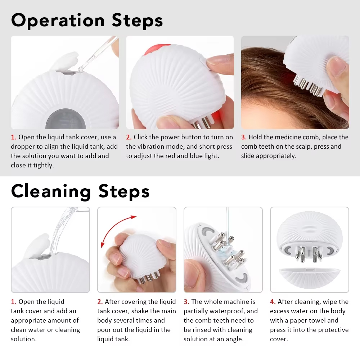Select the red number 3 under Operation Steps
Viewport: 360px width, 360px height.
[x=244, y=137]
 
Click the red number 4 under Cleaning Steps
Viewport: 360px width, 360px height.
[x=273, y=302]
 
